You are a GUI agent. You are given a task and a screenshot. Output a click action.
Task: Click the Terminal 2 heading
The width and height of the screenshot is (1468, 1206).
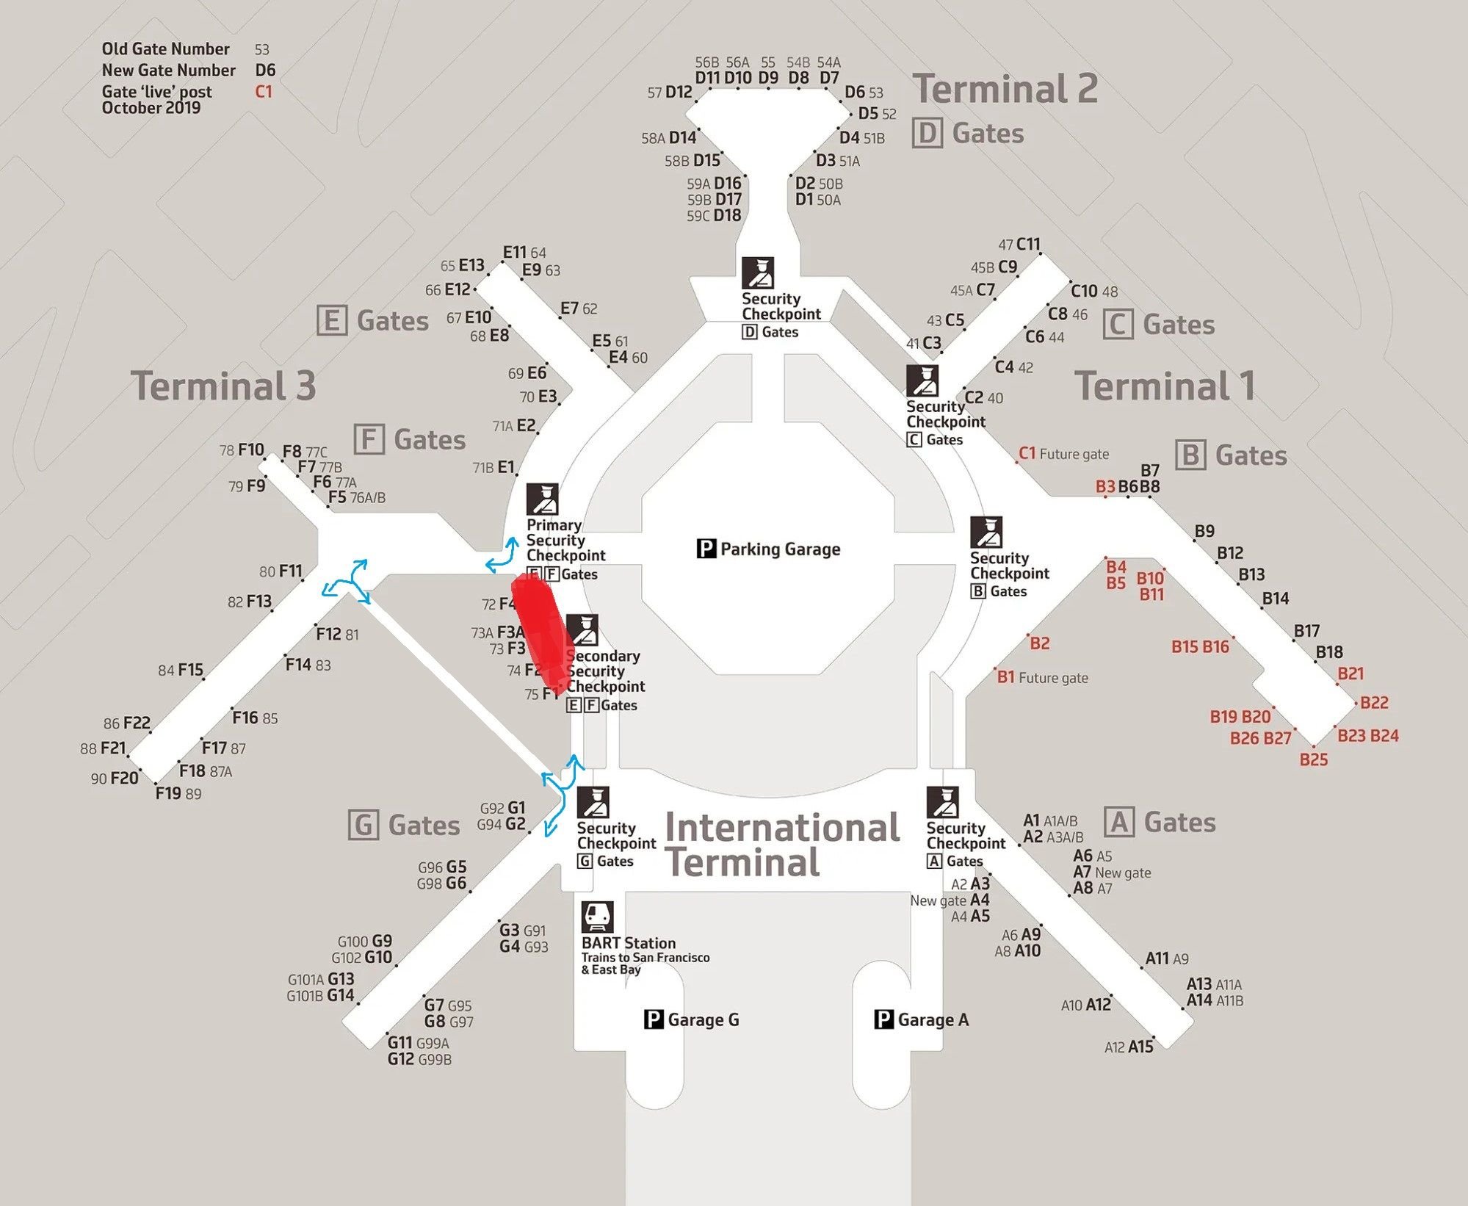(x=1005, y=89)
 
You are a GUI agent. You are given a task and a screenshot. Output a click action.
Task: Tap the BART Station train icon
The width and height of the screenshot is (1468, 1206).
(x=597, y=917)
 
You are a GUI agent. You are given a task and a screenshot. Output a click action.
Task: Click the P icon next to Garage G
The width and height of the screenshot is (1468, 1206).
(x=654, y=1019)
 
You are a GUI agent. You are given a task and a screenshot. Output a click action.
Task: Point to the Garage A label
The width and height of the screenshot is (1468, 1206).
(x=933, y=1019)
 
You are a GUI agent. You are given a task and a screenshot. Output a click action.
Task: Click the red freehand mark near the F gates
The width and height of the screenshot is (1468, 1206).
(x=542, y=632)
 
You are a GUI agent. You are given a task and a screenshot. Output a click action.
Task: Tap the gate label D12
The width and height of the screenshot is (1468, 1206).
(x=679, y=92)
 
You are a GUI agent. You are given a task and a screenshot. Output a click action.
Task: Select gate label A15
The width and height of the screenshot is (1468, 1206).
(x=1140, y=1047)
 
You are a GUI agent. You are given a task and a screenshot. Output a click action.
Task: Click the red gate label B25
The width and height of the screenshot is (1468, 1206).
(x=1313, y=759)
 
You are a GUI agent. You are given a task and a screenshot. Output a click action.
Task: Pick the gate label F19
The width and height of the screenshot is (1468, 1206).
(x=168, y=792)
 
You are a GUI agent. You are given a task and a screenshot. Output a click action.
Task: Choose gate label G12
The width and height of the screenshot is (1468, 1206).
(x=401, y=1059)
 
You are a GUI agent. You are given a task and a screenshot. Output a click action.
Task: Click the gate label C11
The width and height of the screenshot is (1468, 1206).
(x=1028, y=244)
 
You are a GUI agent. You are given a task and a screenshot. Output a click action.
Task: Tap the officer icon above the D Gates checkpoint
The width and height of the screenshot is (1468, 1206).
(x=757, y=272)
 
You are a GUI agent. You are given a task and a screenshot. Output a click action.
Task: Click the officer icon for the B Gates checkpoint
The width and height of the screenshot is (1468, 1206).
(x=986, y=532)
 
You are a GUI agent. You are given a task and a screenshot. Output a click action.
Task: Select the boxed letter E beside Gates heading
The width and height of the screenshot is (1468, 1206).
(x=331, y=321)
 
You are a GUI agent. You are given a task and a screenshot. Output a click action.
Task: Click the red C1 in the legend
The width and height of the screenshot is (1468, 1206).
(x=264, y=92)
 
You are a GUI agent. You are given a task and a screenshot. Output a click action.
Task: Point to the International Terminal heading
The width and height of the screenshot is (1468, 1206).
(x=781, y=845)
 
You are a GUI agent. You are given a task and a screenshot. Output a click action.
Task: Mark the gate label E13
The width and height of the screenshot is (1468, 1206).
(x=471, y=265)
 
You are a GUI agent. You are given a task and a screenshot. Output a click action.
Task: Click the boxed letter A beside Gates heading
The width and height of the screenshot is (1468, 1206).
(x=1119, y=822)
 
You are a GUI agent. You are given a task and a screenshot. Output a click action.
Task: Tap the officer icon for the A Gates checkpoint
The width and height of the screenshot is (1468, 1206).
(x=942, y=802)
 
